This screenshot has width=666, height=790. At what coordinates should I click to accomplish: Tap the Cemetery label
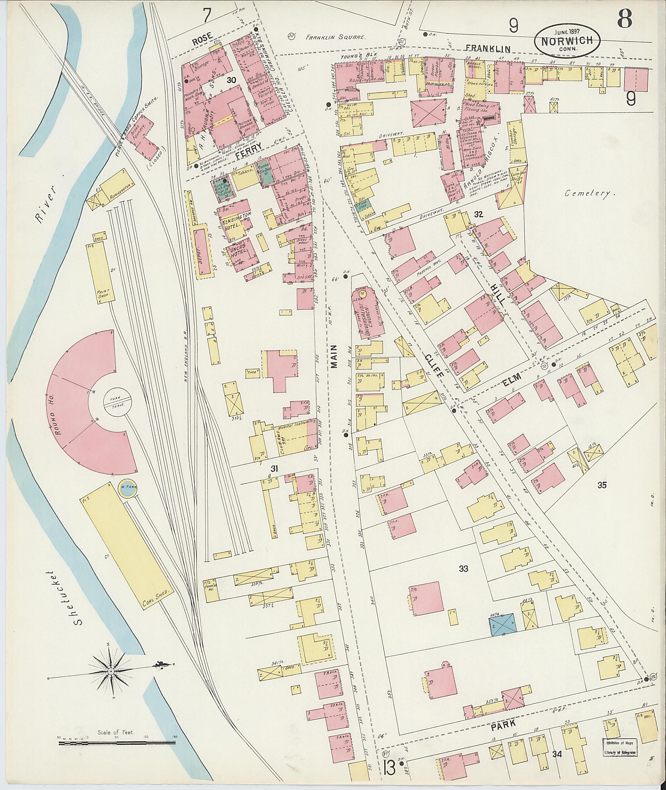[x=588, y=194]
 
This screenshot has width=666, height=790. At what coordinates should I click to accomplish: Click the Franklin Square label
[x=336, y=37]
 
